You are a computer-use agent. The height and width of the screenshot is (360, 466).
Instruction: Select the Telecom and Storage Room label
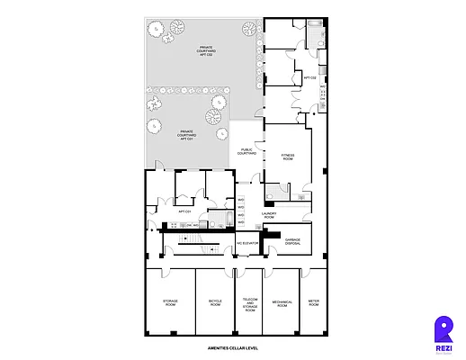click(x=249, y=304)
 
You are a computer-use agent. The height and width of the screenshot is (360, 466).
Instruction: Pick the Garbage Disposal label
click(x=292, y=241)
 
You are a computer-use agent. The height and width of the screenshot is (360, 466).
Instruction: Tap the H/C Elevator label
click(x=247, y=244)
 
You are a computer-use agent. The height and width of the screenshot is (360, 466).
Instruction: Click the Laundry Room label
click(x=268, y=215)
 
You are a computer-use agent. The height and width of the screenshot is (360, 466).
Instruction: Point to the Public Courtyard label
click(x=247, y=152)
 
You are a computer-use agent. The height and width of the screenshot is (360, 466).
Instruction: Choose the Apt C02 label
click(x=310, y=78)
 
